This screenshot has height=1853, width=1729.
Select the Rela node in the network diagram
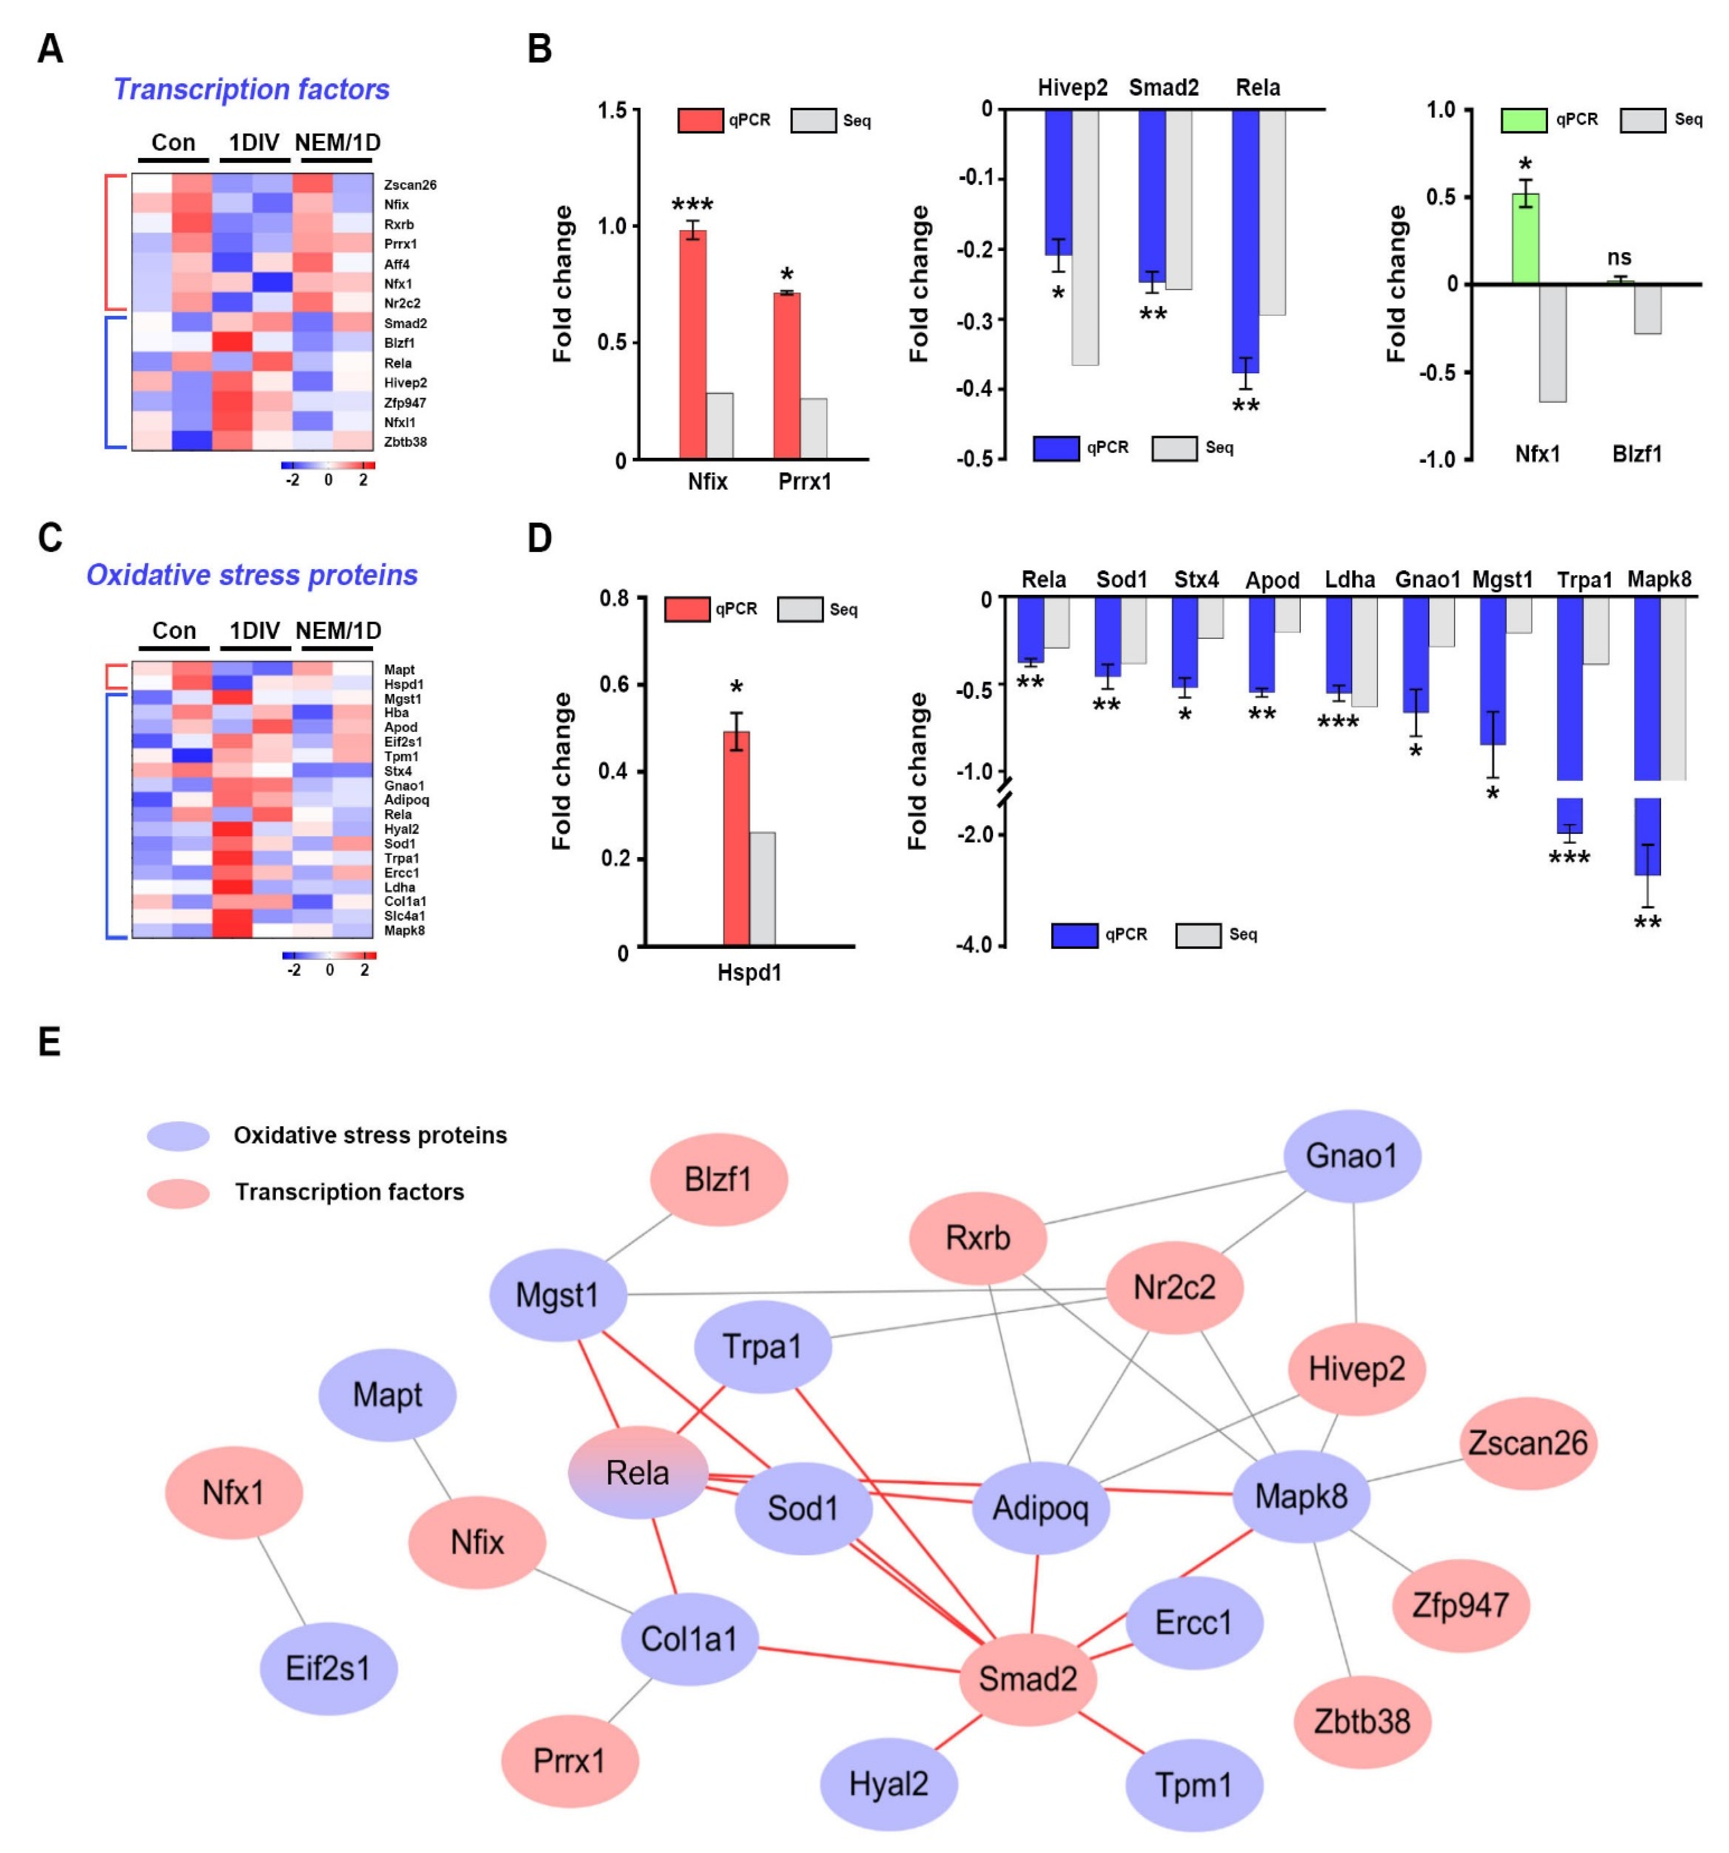pos(638,1473)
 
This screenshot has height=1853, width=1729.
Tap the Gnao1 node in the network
pos(1352,1156)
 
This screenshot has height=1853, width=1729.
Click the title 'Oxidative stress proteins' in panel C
pos(252,575)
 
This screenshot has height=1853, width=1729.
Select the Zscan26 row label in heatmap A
pos(410,185)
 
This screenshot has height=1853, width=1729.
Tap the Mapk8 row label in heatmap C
pos(404,930)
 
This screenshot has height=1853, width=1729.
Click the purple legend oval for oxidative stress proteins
pos(178,1135)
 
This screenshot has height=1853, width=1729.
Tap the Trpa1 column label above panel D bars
pos(1584,580)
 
